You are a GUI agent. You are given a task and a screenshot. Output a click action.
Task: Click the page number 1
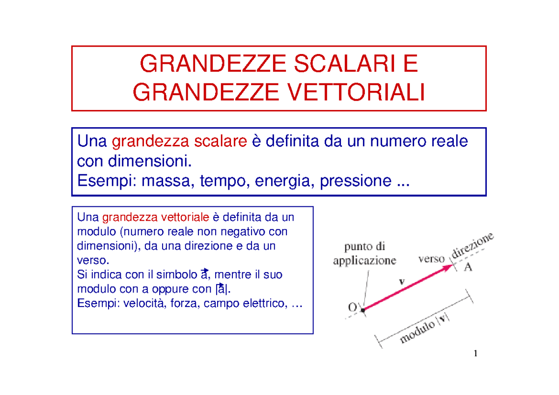475,354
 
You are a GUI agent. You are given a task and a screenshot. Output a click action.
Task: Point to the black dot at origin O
362,309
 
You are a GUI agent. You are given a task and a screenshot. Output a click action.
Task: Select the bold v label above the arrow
402,281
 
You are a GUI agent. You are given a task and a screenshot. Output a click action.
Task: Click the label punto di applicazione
365,254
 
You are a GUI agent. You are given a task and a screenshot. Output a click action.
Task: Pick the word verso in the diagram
431,259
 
